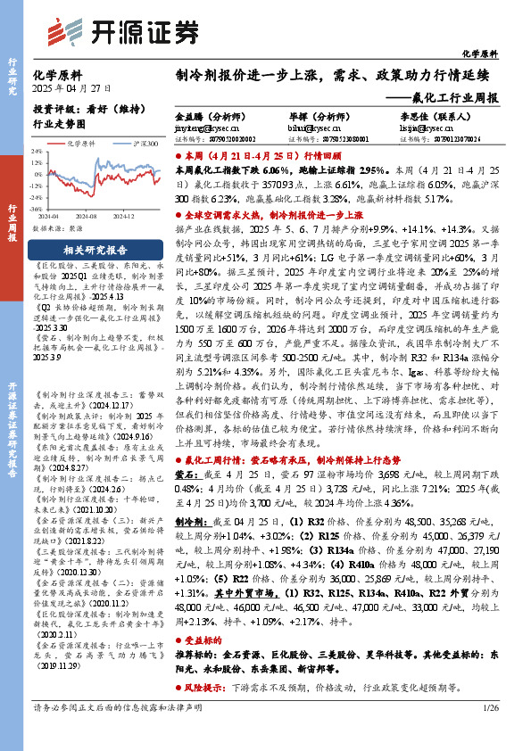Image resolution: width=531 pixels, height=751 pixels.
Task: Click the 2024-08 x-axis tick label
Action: click(x=86, y=215)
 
